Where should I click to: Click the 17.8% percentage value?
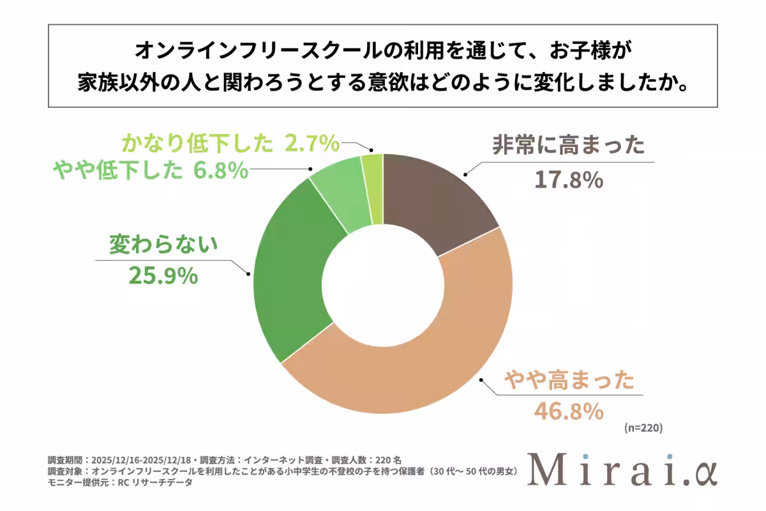569,180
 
